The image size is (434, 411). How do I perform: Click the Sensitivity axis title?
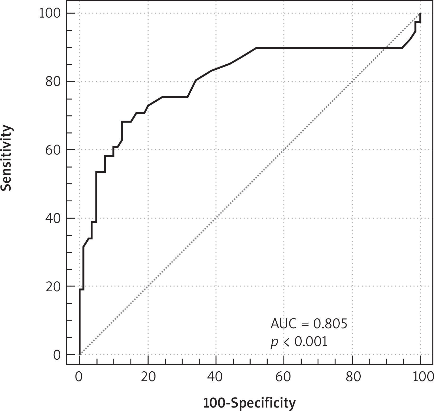[7, 158]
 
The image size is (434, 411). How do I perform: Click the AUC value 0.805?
[330, 324]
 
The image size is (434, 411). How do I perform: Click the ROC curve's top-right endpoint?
[420, 14]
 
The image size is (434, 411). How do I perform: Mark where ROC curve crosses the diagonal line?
[386, 48]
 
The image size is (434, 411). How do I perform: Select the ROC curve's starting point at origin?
[79, 354]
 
